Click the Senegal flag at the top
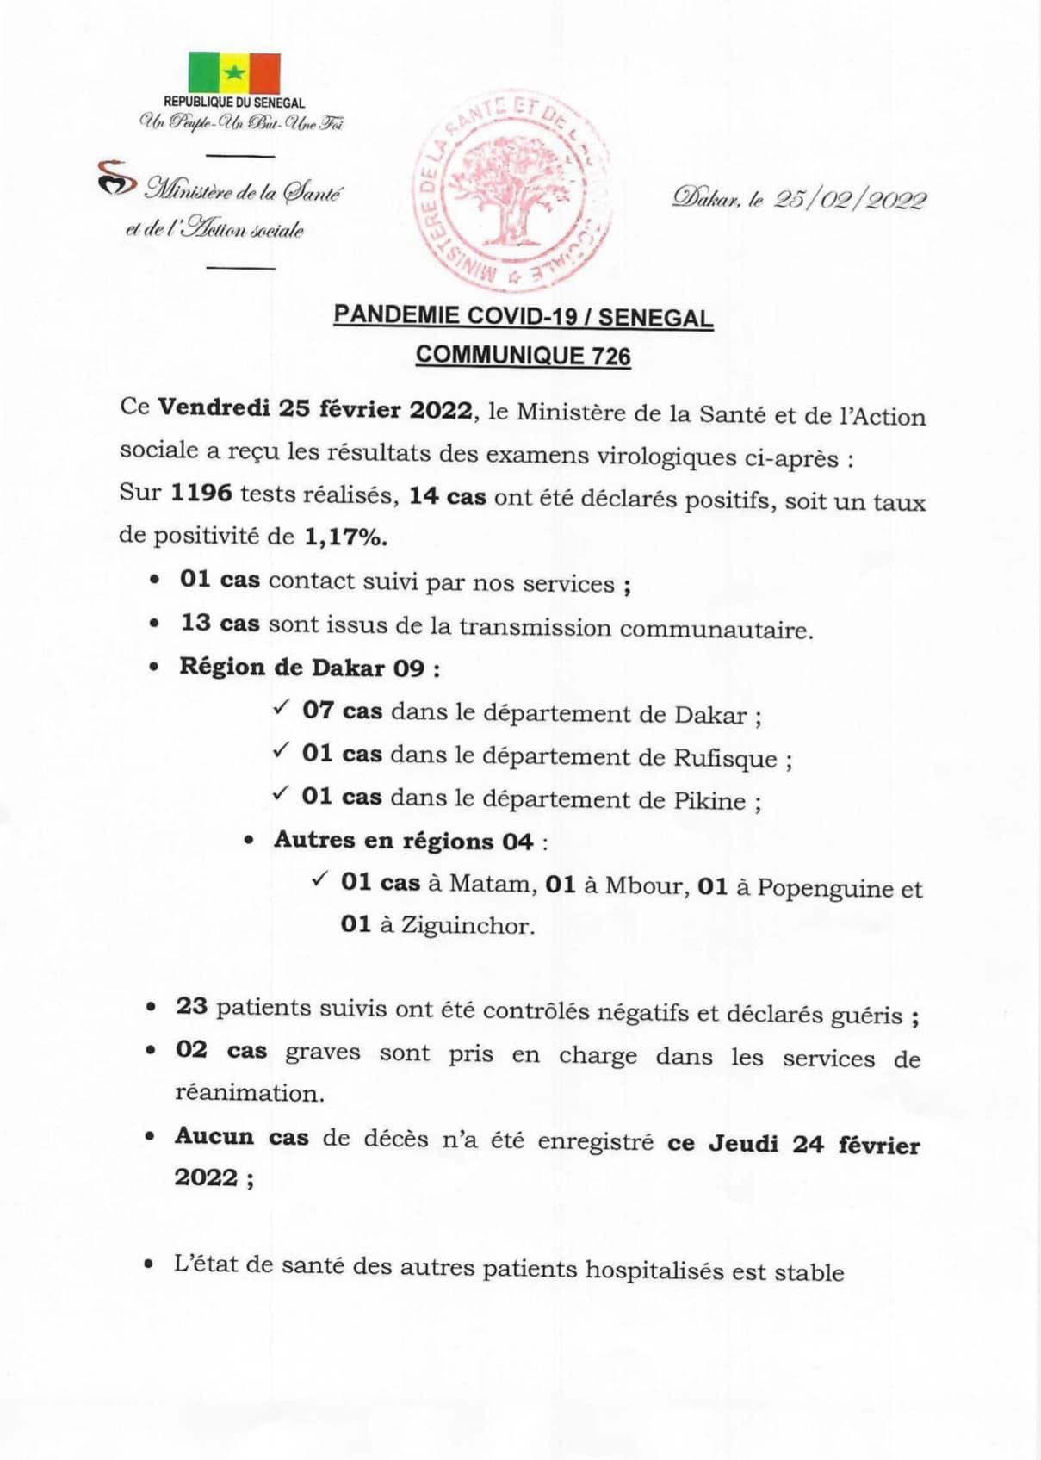coord(234,72)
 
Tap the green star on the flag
coord(234,72)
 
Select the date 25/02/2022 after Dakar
coord(850,200)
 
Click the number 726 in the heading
coord(610,356)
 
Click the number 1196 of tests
coord(201,493)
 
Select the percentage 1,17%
coord(345,537)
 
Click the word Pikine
coord(709,800)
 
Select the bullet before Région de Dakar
coord(154,668)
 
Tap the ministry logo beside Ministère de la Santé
coord(117,178)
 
